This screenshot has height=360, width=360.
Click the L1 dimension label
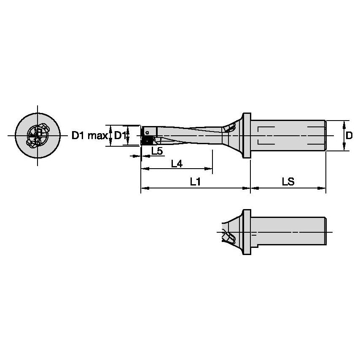coord(195,182)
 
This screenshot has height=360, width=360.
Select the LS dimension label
coord(288,182)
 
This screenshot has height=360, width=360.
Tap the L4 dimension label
coord(177,164)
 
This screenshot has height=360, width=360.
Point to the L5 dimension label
coord(157,151)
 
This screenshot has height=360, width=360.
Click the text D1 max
coord(89,136)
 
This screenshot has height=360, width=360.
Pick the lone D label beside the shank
coord(349,136)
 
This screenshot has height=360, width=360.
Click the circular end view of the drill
coord(37,136)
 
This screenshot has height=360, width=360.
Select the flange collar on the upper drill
coord(247,136)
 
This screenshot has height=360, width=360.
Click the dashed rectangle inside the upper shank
coord(287,136)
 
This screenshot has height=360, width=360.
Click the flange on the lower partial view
coord(247,231)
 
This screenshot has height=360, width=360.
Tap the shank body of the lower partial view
coord(291,231)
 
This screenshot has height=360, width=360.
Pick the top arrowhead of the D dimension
coord(345,123)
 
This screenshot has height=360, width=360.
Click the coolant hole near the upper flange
coord(230,127)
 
